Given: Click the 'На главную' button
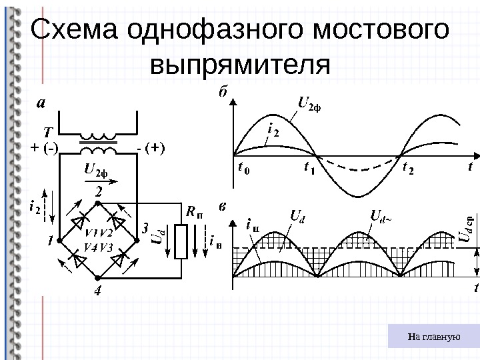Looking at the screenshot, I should pyautogui.click(x=434, y=337).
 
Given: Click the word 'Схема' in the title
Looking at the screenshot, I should pyautogui.click(x=73, y=31).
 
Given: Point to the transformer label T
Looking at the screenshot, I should pyautogui.click(x=48, y=131).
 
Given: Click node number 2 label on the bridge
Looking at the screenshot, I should pyautogui.click(x=98, y=191).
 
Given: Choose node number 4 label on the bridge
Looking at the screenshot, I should pyautogui.click(x=98, y=291).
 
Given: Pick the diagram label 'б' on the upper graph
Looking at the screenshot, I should pyautogui.click(x=223, y=94).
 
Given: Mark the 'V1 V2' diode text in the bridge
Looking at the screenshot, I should pyautogui.click(x=98, y=233).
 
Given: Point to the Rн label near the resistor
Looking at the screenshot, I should pyautogui.click(x=194, y=213).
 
